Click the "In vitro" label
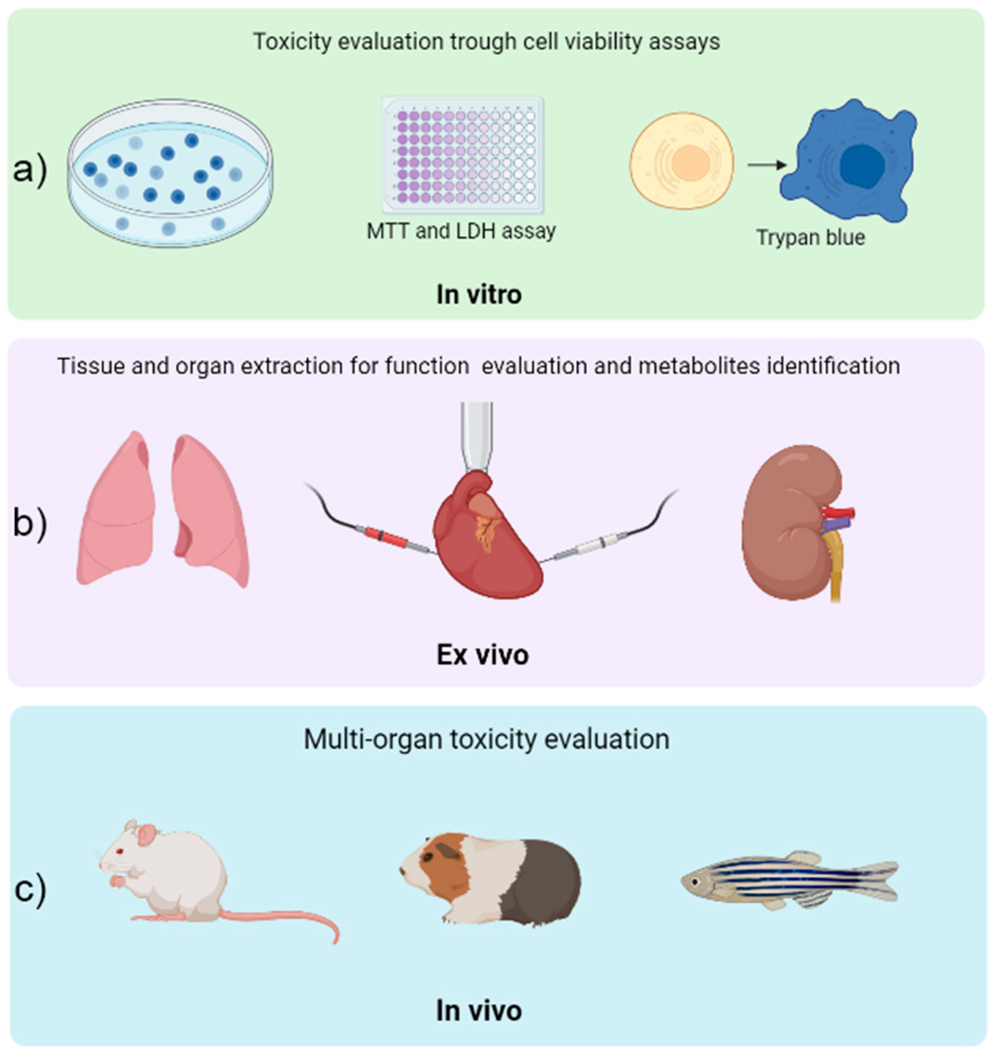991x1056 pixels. (x=478, y=294)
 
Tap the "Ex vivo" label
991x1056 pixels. (x=482, y=655)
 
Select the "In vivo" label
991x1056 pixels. (x=478, y=1010)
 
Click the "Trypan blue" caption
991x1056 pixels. (x=810, y=237)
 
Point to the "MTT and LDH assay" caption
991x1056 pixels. (x=461, y=231)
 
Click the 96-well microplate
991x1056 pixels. (x=462, y=154)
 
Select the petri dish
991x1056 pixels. (x=170, y=173)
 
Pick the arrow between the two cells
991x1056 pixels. (x=767, y=165)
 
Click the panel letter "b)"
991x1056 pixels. (x=30, y=523)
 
